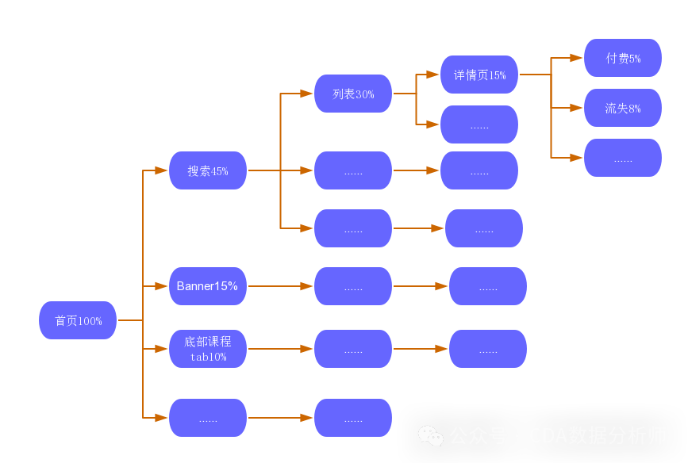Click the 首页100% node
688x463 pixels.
pos(78,320)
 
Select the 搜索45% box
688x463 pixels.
pos(208,170)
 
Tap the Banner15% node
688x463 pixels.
pos(208,286)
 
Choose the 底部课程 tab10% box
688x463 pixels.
pos(208,349)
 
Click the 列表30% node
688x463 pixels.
pos(353,94)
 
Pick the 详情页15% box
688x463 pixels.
pos(479,75)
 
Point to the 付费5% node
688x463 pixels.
pos(623,58)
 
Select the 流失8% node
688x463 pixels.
pos(623,108)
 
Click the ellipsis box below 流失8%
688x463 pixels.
pos(623,158)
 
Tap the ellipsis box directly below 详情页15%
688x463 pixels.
pos(479,124)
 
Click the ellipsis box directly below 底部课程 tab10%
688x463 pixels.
pos(208,418)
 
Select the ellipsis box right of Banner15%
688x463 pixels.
pos(353,286)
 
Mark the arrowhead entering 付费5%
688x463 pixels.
pos(576,58)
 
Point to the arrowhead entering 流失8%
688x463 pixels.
pos(576,108)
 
